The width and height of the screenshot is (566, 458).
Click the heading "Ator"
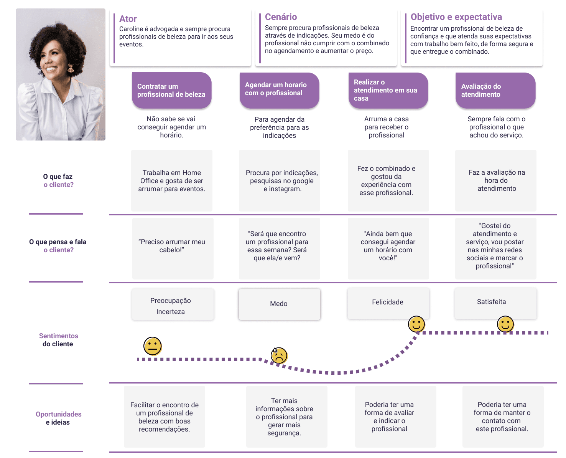pos(128,19)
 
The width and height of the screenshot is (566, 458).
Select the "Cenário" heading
pos(281,17)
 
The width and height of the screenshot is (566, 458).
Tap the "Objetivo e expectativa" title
pos(456,17)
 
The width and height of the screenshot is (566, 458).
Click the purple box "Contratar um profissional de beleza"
pos(171,91)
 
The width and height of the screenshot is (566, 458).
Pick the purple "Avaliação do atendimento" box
pos(495,91)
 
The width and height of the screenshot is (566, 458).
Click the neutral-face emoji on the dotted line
pos(152,346)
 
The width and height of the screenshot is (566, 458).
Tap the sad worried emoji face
pos(279,355)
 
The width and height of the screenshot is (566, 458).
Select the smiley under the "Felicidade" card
pos(416,324)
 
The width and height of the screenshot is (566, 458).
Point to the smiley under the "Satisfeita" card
pos(505,324)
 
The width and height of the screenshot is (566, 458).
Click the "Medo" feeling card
pos(279,304)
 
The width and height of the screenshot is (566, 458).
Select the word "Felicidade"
pos(387,302)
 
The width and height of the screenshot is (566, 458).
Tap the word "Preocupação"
pos(171,301)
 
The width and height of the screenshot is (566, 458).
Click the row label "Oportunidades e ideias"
pos(58,418)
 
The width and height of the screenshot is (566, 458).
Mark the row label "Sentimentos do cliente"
pos(58,340)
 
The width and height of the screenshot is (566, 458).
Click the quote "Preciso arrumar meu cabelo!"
pos(172,246)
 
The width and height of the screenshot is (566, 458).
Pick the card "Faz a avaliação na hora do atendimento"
pos(496,180)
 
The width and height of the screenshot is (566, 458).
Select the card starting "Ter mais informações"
pos(285,417)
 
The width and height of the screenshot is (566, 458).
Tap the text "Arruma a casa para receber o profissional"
pos(387,127)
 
